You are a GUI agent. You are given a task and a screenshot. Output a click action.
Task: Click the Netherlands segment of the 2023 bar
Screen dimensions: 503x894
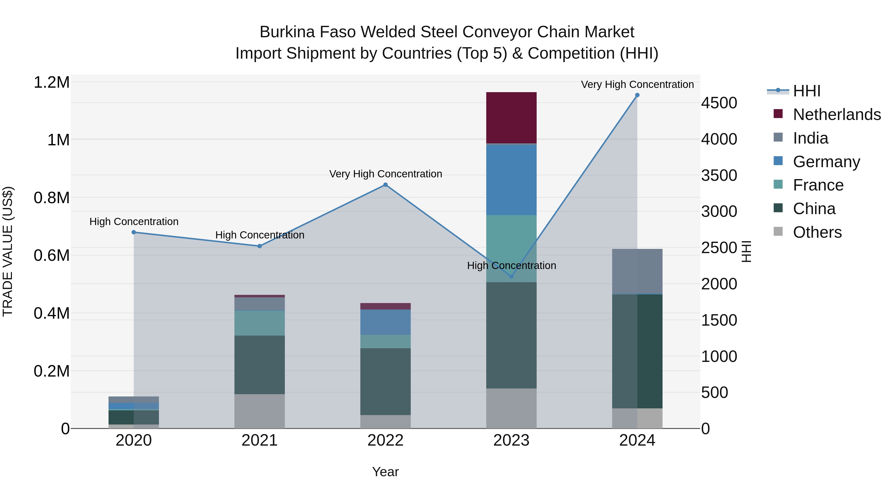pyautogui.click(x=511, y=118)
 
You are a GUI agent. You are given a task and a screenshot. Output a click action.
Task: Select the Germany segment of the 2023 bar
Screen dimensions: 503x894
pyautogui.click(x=511, y=180)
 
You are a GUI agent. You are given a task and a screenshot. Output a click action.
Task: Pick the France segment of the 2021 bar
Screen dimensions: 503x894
pyautogui.click(x=260, y=323)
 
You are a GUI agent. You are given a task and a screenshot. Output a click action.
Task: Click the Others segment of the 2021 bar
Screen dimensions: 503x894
pyautogui.click(x=260, y=411)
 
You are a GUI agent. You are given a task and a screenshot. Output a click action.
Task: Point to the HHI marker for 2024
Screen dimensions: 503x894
pyautogui.click(x=637, y=95)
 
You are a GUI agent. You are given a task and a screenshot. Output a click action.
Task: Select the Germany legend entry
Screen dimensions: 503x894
pyautogui.click(x=826, y=162)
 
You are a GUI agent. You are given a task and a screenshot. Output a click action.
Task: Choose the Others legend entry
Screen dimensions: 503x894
pyautogui.click(x=817, y=232)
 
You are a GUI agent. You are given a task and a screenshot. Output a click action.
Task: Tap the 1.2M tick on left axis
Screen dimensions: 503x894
pyautogui.click(x=52, y=83)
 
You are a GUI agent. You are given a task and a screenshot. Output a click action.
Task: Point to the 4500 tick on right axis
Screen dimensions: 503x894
pyautogui.click(x=719, y=103)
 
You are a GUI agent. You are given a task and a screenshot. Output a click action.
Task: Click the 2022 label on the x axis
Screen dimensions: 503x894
pyautogui.click(x=385, y=440)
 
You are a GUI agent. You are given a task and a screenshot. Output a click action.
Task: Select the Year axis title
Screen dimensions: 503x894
pyautogui.click(x=385, y=472)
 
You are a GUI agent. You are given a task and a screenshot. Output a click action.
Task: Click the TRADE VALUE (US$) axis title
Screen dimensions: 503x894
pyautogui.click(x=8, y=251)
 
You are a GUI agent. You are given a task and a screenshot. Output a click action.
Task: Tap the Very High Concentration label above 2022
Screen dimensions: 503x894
pyautogui.click(x=385, y=174)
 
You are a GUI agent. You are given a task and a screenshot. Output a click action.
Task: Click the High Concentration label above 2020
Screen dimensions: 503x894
pyautogui.click(x=134, y=222)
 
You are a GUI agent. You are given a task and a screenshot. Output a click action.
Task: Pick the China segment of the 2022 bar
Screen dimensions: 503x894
pyautogui.click(x=385, y=382)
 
